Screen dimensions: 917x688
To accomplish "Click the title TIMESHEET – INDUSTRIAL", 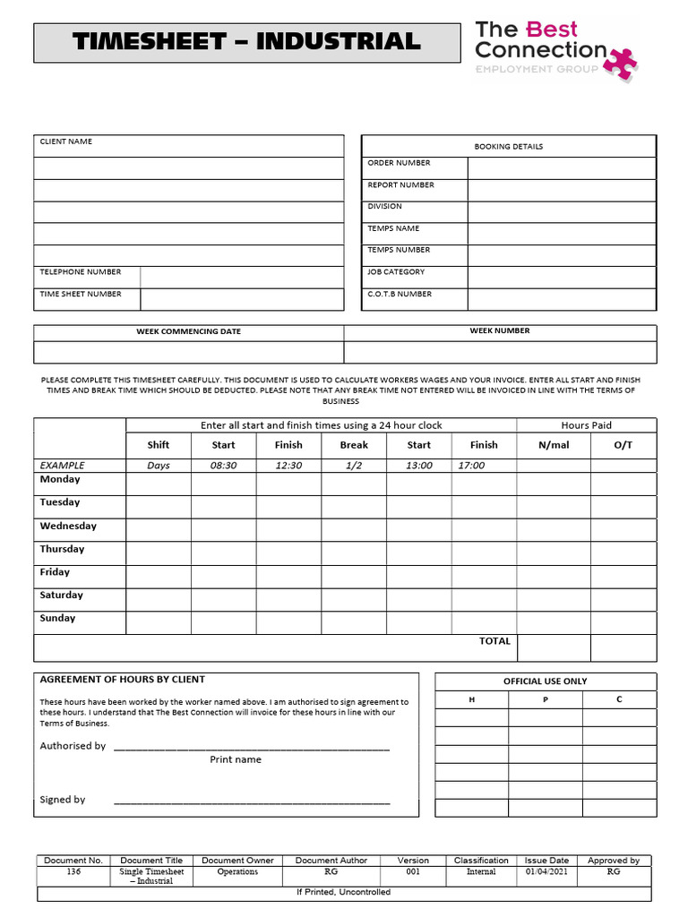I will (245, 42).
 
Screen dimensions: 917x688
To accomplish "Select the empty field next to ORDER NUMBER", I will (561, 167).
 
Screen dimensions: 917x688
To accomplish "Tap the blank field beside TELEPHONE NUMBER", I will (242, 277).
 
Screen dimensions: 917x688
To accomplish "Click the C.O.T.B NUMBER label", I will (400, 294).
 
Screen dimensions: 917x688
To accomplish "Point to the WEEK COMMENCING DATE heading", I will (188, 331).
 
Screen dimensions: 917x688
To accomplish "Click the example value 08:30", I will (223, 466).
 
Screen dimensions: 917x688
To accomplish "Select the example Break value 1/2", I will (354, 466).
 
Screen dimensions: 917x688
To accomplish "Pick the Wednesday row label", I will (68, 526).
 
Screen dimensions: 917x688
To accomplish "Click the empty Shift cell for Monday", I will (158, 484).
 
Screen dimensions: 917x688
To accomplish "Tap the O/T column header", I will (623, 445).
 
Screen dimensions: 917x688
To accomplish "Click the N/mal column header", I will (554, 445).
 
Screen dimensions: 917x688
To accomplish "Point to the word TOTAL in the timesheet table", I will (494, 641).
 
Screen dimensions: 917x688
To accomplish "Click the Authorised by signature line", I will (252, 747).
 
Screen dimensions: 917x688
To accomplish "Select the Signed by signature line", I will (252, 801).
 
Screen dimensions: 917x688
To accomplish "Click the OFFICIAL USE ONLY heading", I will (545, 681).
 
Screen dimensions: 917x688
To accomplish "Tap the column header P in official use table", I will (545, 699).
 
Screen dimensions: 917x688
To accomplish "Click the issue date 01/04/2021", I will (546, 871).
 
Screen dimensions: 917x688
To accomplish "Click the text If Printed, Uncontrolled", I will (343, 892).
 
